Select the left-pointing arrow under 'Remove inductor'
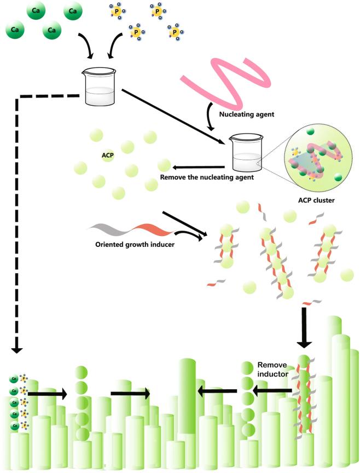click(x=272, y=390)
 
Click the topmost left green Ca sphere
click(x=35, y=12)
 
